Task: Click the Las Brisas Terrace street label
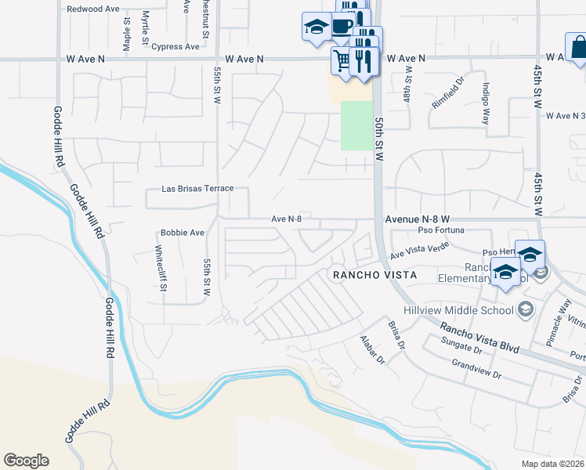pos(197,189)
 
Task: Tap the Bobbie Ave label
pos(182,233)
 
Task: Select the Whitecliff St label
pos(160,268)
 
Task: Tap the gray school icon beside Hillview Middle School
pos(525,309)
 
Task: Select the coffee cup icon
pos(342,26)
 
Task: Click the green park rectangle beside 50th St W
pos(356,125)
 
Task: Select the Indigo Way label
pos(487,102)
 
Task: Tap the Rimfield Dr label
pos(448,92)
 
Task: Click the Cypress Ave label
pos(176,47)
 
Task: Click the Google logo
pos(26,461)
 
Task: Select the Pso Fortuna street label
pos(441,230)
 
